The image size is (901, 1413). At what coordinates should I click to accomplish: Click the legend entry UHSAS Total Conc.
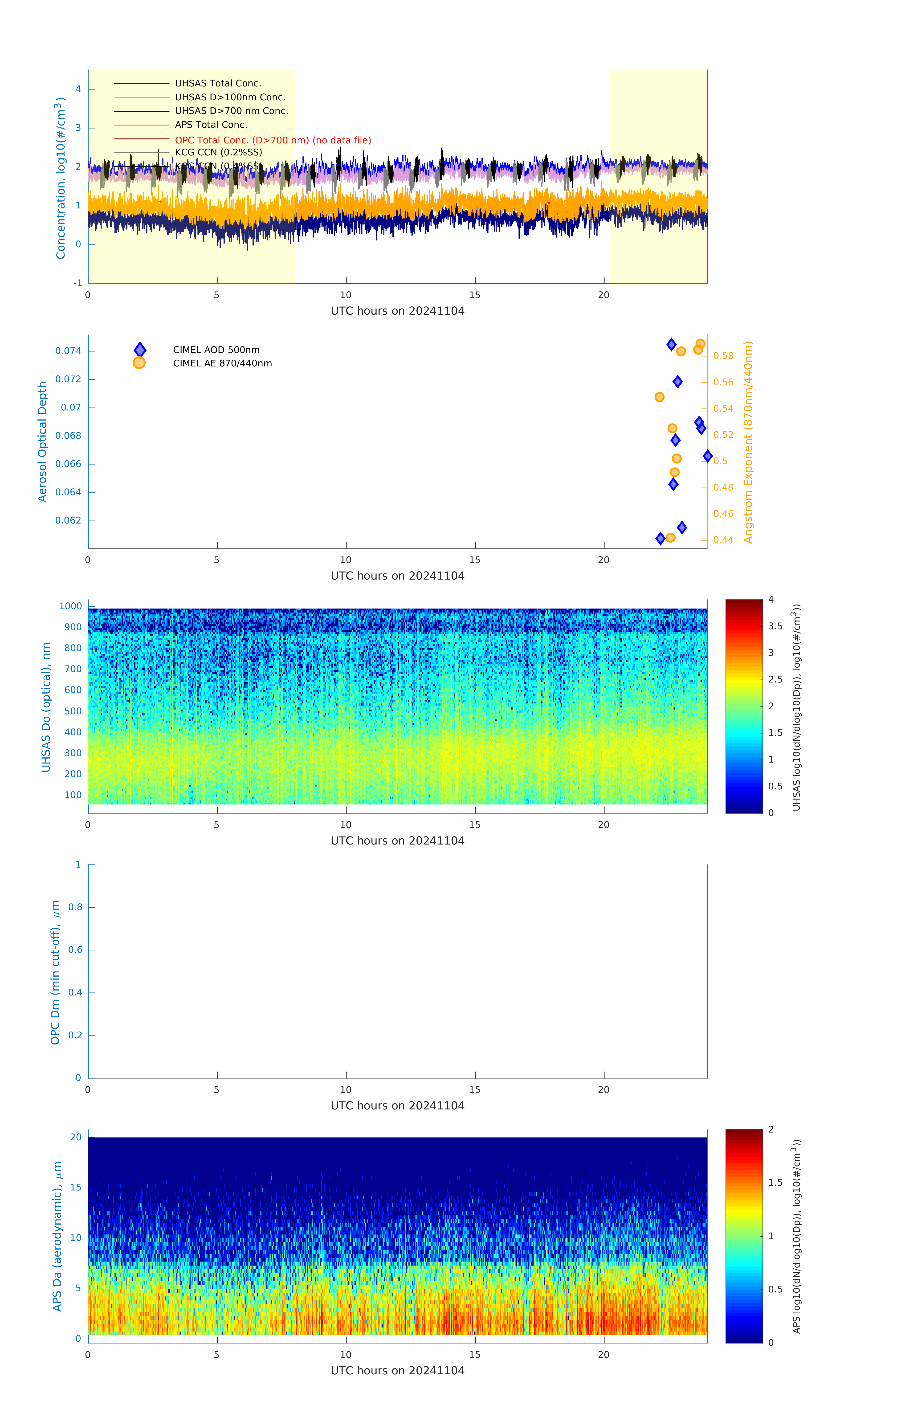tap(218, 83)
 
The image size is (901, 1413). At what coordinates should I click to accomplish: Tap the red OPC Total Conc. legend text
tap(273, 140)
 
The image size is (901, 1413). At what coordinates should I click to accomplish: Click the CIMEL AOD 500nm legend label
tap(216, 350)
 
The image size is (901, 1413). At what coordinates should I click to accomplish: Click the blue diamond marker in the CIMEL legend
tap(140, 350)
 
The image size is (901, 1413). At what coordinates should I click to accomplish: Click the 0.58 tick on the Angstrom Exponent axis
tap(723, 356)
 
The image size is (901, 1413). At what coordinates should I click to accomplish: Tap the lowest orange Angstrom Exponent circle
tap(670, 537)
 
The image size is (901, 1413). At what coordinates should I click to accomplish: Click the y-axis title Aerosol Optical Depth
tap(42, 442)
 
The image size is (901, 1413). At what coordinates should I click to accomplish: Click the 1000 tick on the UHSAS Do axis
tap(70, 606)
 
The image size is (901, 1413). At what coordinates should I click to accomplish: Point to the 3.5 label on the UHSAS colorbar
tap(775, 626)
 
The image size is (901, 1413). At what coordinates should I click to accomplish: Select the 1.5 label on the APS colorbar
tap(775, 1182)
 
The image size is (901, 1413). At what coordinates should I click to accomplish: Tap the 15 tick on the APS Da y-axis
tap(76, 1187)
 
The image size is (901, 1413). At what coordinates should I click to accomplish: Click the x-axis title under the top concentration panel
tap(397, 311)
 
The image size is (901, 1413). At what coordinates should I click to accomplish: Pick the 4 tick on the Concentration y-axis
tap(78, 89)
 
